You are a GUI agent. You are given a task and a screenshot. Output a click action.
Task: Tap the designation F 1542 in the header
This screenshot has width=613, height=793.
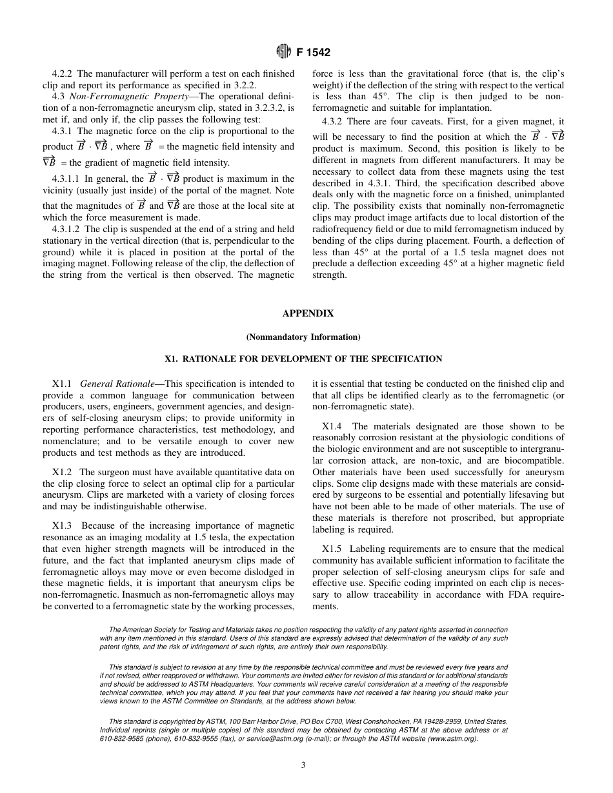pos(313,52)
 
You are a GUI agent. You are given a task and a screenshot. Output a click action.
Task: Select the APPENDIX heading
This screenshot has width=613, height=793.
pos(308,313)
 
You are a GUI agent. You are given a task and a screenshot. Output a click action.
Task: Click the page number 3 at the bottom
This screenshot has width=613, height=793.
pos(303,765)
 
